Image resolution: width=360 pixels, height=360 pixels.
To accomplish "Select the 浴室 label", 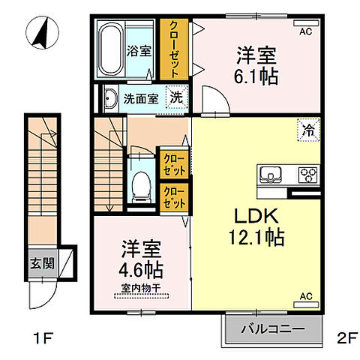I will point(140,52).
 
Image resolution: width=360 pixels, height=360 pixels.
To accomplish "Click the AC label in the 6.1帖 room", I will point(305,32).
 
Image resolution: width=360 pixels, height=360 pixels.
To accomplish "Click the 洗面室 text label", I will point(140,97).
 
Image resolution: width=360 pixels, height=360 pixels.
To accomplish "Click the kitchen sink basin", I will point(271,175).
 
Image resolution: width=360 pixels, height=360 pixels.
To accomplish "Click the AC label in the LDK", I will point(305,296).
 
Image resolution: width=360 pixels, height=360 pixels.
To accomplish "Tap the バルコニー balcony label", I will point(272,328).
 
